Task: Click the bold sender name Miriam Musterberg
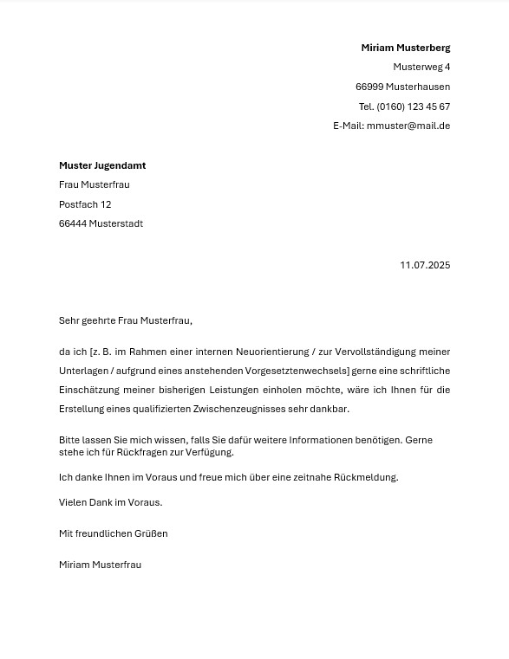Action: coord(405,48)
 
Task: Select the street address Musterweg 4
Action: coord(421,67)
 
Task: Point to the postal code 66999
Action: coord(369,87)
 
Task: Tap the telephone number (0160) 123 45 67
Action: coord(413,107)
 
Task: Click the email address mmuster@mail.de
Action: coord(408,126)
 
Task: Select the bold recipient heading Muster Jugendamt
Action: coord(102,165)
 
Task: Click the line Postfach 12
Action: coord(85,204)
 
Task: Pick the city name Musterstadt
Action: coord(115,223)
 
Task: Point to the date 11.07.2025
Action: coord(425,265)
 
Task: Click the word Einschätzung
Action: coord(89,390)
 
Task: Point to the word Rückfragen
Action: coord(142,452)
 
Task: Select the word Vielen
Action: coord(73,502)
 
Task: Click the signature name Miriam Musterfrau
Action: coord(100,565)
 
